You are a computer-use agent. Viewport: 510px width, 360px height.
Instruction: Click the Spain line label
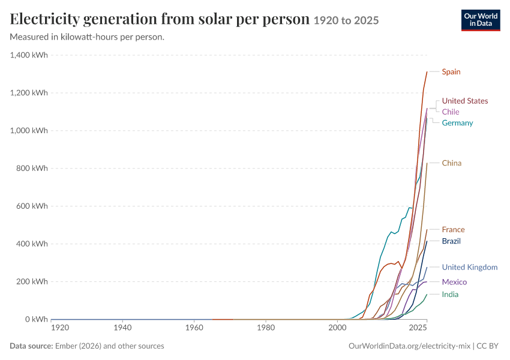click(451, 71)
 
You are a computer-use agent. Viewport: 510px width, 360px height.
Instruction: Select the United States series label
click(465, 101)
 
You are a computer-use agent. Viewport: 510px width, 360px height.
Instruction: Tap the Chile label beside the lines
click(451, 112)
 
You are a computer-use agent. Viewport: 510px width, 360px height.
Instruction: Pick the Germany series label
click(457, 123)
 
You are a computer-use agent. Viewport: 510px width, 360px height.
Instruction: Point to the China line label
click(451, 163)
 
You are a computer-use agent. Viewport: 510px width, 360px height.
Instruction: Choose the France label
click(453, 230)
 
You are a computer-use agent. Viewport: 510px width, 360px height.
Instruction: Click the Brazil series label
click(451, 241)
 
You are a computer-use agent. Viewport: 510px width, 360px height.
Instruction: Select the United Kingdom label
click(470, 268)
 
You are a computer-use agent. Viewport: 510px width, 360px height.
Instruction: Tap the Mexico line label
click(454, 282)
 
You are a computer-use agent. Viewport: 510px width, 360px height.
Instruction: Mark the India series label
click(450, 295)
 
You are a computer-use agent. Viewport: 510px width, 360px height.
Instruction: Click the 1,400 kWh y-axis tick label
click(29, 55)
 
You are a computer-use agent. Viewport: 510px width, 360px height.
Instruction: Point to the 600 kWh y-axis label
click(32, 206)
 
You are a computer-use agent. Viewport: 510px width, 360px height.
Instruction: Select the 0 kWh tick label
click(37, 319)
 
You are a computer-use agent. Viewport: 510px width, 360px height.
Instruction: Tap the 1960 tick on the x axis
click(194, 328)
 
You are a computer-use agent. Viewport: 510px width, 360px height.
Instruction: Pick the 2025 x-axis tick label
click(418, 328)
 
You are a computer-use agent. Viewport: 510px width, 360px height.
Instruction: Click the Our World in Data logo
click(481, 20)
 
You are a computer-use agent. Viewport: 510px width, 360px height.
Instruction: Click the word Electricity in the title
click(44, 19)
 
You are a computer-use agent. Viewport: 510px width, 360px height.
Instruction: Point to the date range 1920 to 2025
click(346, 20)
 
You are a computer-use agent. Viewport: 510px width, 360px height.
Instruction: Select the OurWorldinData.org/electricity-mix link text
click(409, 346)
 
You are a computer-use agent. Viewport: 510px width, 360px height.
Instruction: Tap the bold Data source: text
click(31, 346)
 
